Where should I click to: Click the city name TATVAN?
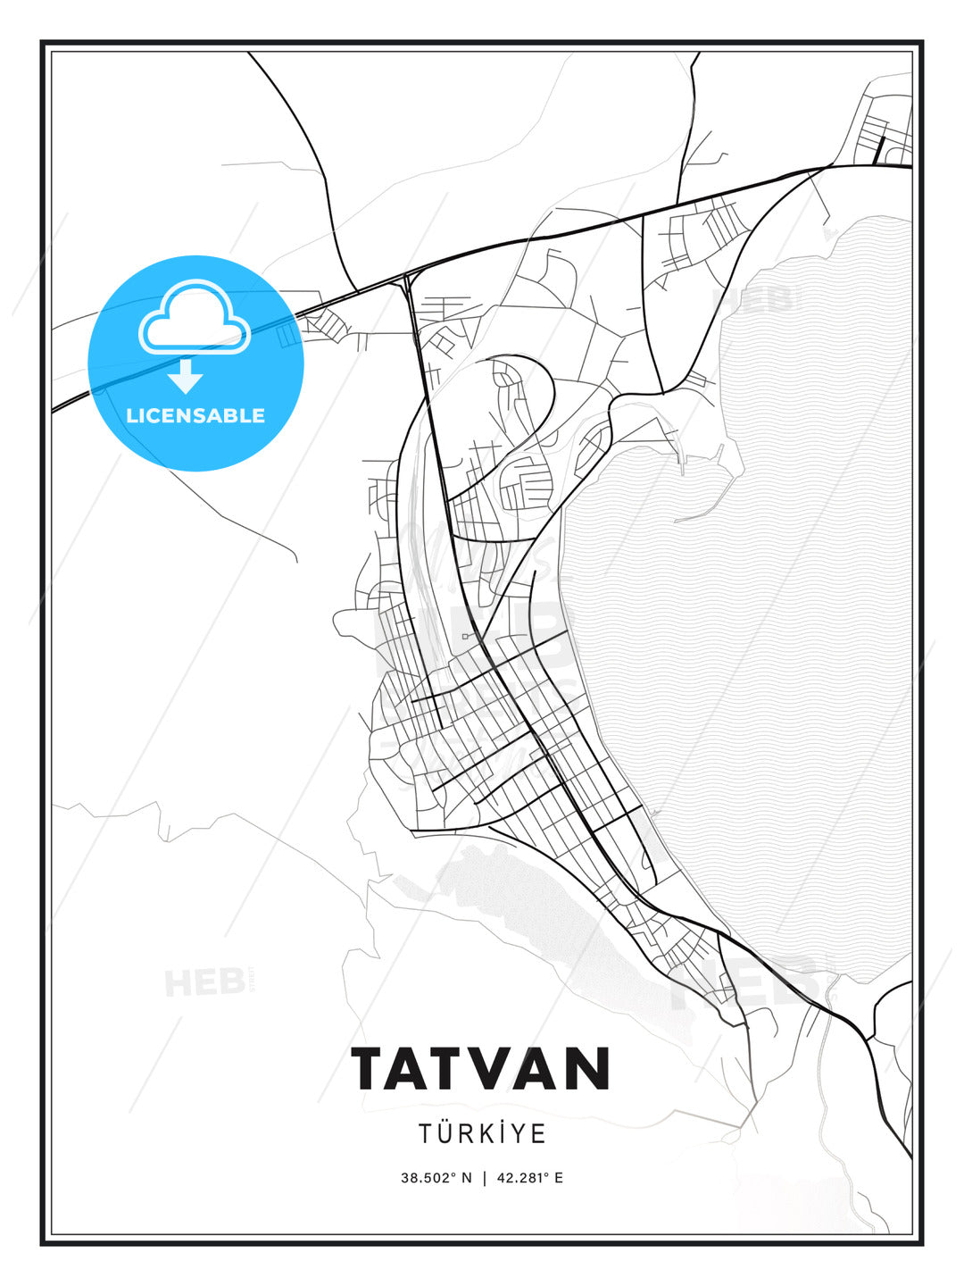coord(481,1069)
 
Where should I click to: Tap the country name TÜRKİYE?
coord(482,1133)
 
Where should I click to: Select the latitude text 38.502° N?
coord(436,1178)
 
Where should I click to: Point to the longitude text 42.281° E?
coord(530,1178)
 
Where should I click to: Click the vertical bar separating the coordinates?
coord(484,1178)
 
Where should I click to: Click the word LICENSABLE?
coord(195,415)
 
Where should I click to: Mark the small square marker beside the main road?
coord(465,636)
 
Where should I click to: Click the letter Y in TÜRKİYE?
coord(522,1133)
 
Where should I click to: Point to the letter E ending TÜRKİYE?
coord(539,1133)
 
